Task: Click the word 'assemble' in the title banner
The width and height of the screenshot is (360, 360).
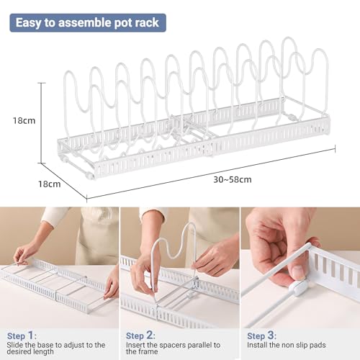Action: tap(91, 22)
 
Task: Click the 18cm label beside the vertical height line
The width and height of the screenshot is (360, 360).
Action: tap(24, 120)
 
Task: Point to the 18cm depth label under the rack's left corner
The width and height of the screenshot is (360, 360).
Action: tap(49, 184)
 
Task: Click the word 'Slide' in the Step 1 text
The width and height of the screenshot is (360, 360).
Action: tap(19, 345)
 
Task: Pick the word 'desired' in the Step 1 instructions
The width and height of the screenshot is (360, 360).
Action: tap(24, 354)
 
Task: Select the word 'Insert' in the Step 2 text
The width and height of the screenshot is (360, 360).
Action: tap(138, 345)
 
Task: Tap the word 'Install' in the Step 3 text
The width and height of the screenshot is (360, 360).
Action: tap(258, 345)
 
